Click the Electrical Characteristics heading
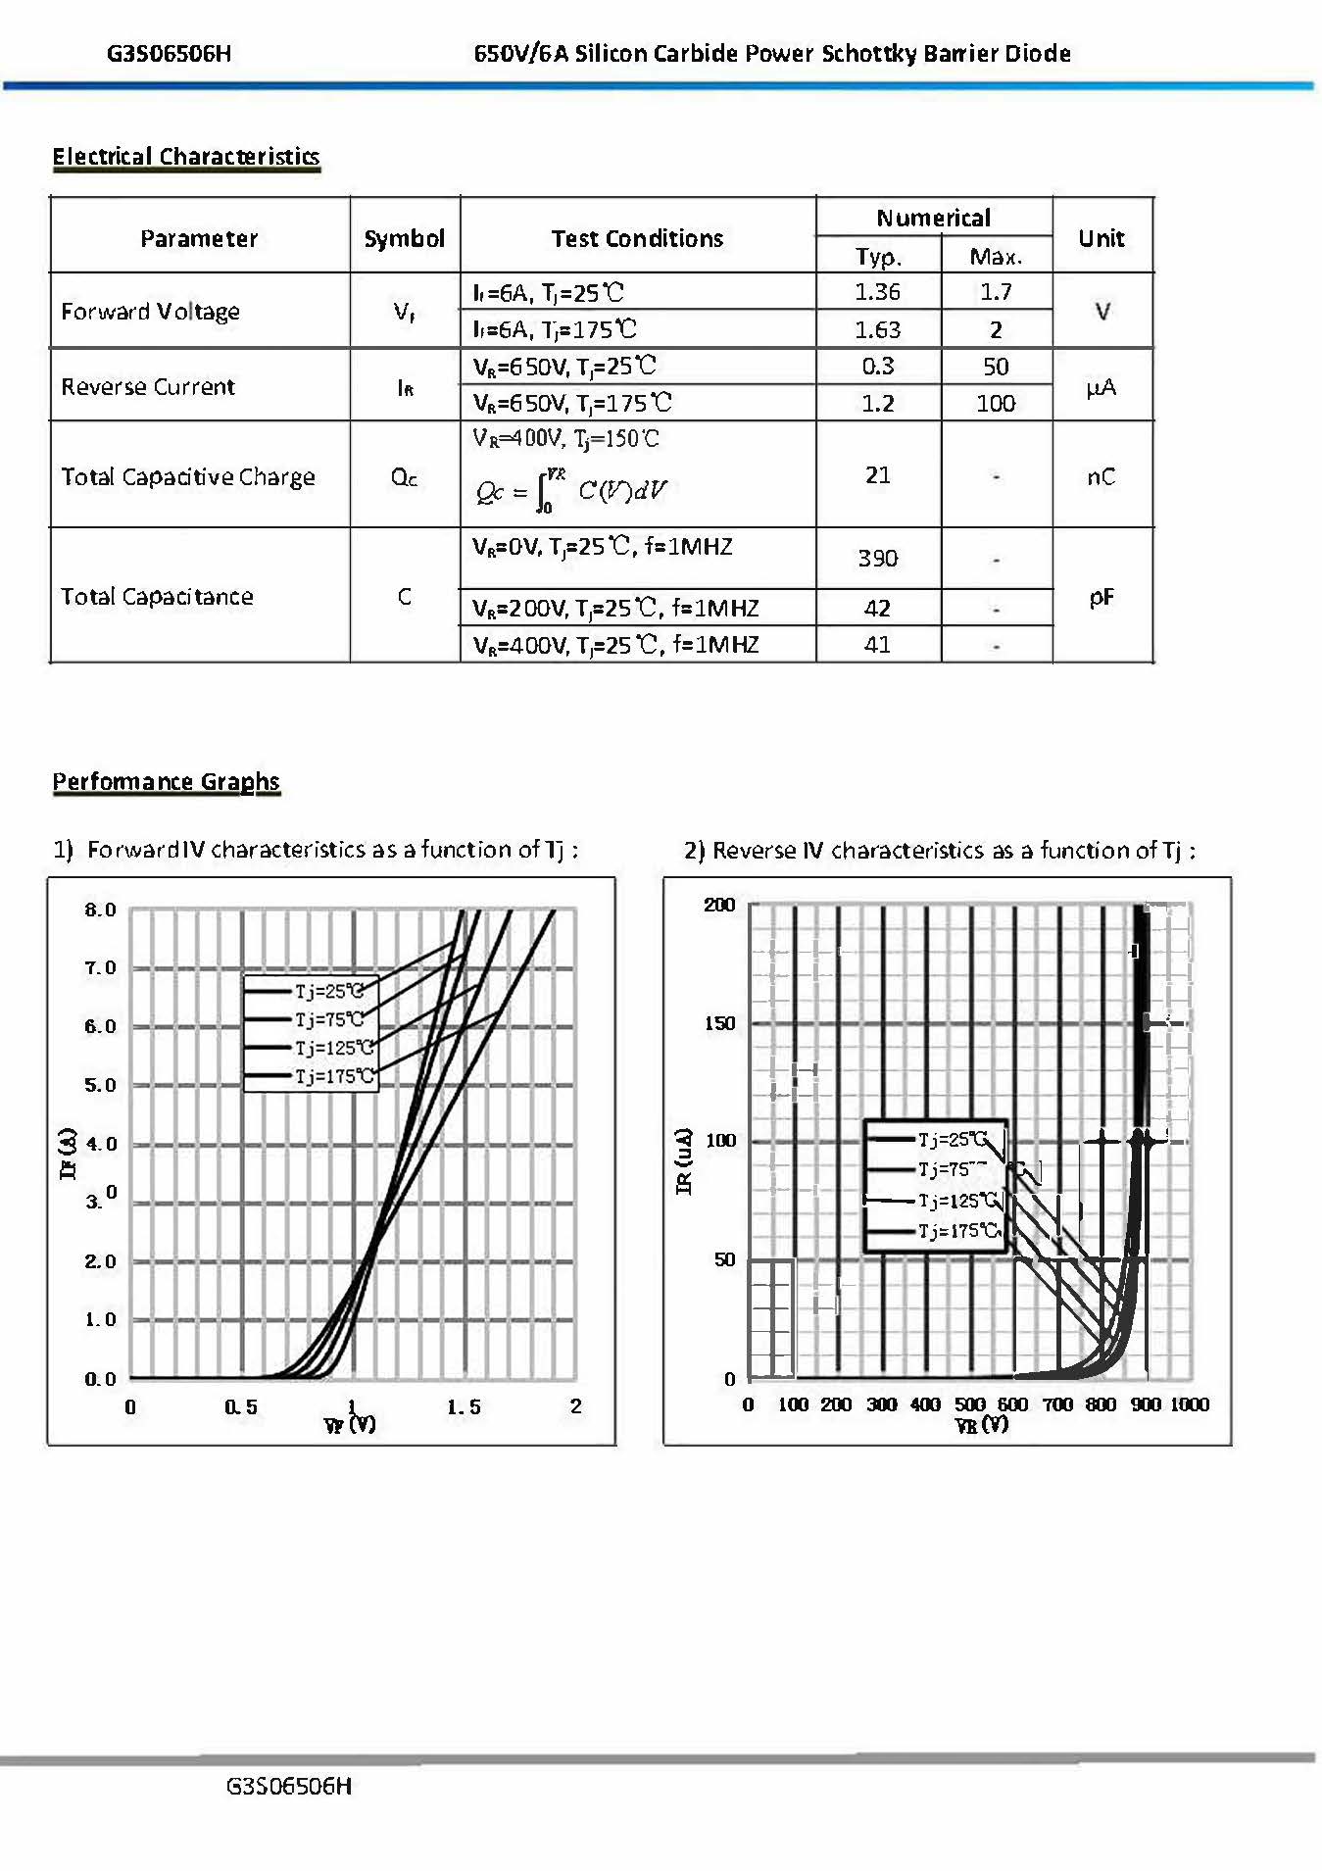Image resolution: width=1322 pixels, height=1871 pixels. click(x=186, y=157)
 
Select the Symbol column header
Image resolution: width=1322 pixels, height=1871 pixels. click(x=404, y=238)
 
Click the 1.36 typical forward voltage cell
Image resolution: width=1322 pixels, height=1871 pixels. click(x=877, y=292)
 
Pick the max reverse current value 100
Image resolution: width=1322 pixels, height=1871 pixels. click(x=996, y=403)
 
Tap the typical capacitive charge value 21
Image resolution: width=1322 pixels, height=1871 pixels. click(x=877, y=475)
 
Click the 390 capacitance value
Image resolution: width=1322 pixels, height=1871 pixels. click(x=877, y=559)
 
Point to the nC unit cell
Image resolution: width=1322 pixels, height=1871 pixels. click(x=1101, y=476)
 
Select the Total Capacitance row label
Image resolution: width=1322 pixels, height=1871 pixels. click(x=157, y=596)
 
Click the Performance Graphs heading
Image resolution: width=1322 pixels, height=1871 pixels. click(x=166, y=781)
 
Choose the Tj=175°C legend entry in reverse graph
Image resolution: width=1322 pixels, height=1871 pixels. click(x=958, y=1231)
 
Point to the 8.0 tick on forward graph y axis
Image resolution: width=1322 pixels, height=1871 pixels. click(x=100, y=910)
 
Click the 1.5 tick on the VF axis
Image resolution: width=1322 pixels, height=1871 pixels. click(x=464, y=1407)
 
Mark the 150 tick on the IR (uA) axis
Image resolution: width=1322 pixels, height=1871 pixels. click(x=719, y=1023)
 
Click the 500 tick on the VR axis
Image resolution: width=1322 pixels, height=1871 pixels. click(x=969, y=1404)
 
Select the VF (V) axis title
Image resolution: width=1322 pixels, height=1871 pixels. click(x=349, y=1425)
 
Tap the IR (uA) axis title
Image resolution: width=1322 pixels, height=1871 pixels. click(x=684, y=1160)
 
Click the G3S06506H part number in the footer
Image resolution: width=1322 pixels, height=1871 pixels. click(x=288, y=1786)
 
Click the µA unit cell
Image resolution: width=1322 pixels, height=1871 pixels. click(x=1101, y=388)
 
